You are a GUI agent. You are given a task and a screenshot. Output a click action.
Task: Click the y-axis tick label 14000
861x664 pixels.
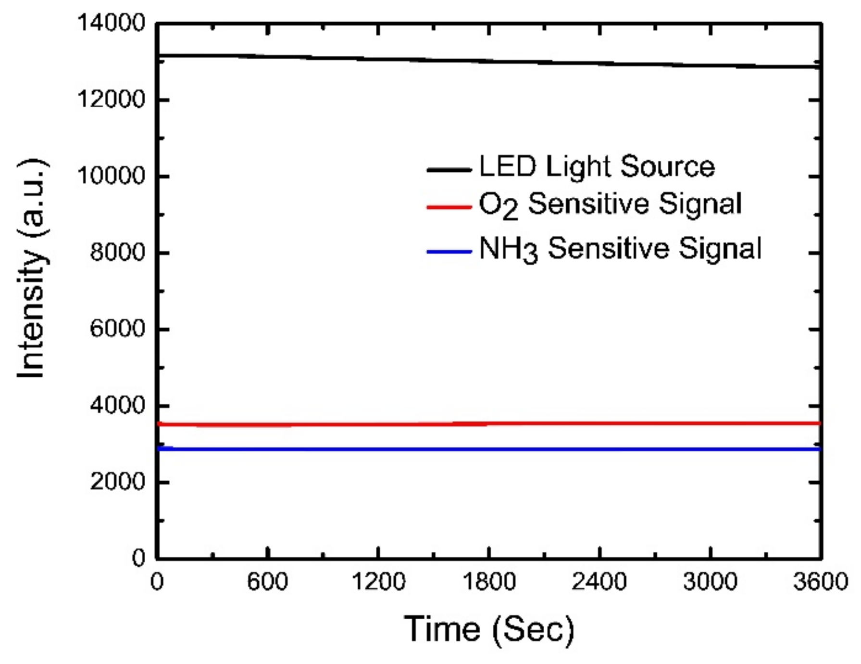(111, 23)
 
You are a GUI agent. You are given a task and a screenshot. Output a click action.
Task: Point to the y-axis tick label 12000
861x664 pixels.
(111, 100)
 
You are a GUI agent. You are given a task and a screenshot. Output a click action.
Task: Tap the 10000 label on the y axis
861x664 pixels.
(111, 176)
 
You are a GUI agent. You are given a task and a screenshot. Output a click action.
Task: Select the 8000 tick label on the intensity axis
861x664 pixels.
(117, 253)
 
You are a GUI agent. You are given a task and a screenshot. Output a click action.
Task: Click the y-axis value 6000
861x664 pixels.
(117, 329)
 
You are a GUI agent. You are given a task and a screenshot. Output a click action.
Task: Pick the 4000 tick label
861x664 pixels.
(117, 406)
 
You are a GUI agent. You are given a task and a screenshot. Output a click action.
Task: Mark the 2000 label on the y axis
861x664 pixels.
(117, 482)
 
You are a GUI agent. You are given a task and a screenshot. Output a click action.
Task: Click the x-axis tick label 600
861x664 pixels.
(267, 582)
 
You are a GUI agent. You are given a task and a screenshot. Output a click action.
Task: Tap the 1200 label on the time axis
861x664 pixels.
(378, 582)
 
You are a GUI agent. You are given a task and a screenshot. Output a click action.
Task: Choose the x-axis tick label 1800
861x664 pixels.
(489, 582)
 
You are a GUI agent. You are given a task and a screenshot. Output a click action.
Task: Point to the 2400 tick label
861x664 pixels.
(599, 582)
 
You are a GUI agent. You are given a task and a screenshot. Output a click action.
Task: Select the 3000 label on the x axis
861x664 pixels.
(710, 582)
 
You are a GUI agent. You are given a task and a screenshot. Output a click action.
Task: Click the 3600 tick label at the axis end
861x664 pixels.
(820, 582)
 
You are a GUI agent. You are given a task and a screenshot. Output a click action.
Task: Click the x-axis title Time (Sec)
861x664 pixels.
(489, 629)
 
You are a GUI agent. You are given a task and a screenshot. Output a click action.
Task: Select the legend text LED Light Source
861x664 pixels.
(597, 167)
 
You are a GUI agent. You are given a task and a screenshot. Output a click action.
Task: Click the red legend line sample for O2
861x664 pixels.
(449, 207)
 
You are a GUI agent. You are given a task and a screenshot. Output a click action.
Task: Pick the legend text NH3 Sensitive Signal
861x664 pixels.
(620, 249)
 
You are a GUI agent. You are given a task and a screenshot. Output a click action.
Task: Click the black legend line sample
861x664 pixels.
(449, 169)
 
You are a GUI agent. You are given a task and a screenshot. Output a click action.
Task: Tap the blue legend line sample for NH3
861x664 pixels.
(449, 252)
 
